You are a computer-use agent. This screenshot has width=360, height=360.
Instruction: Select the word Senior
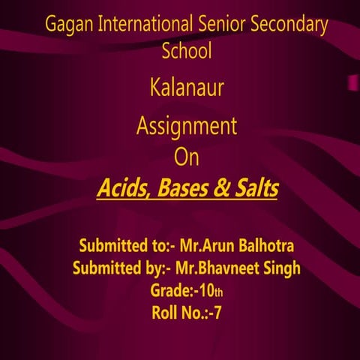[219, 24]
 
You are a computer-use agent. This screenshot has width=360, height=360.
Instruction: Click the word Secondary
[289, 25]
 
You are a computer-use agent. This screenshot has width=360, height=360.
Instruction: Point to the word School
[187, 51]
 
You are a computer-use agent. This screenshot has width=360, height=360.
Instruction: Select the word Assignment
[187, 126]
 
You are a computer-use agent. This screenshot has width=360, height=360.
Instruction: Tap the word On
[187, 157]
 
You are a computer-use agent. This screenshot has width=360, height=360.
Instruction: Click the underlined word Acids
[121, 188]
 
